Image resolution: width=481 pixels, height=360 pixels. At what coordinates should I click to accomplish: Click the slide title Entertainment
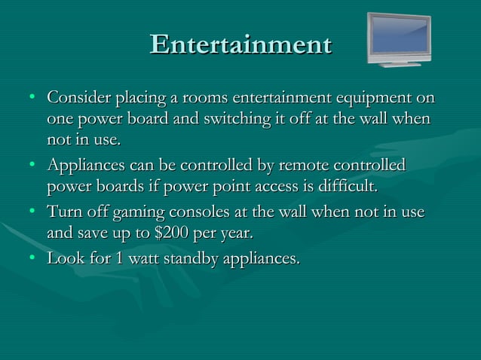(240, 44)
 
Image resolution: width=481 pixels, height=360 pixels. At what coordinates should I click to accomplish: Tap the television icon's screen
(399, 38)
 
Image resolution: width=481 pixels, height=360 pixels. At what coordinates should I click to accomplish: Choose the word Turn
(64, 213)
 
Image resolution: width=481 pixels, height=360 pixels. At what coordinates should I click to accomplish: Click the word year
(236, 234)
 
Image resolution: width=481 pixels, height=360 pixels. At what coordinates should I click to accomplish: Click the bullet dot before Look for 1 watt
(31, 261)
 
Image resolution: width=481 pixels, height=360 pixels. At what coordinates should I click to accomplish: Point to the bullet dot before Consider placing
(31, 99)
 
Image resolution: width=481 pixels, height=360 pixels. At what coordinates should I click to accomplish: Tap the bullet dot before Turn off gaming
(31, 214)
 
